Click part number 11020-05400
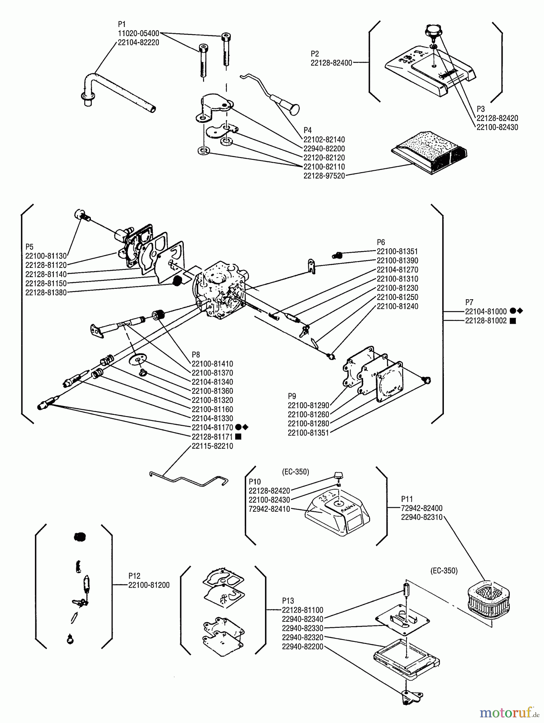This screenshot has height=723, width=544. click(x=138, y=33)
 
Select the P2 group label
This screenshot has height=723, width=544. click(x=315, y=54)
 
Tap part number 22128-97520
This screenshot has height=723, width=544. click(x=324, y=176)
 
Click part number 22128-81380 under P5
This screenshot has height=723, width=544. click(x=46, y=292)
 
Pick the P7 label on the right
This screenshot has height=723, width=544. click(x=469, y=302)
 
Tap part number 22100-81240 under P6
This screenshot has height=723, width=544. click(x=397, y=306)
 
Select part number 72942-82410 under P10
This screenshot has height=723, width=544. click(x=269, y=509)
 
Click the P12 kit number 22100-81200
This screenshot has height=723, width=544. click(x=149, y=585)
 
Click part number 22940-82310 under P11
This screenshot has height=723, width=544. click(x=421, y=517)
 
